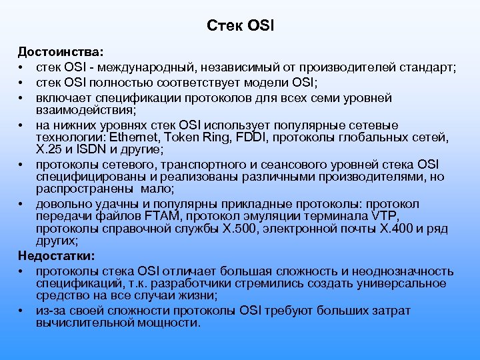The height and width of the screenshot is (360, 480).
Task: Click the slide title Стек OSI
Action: tap(240, 26)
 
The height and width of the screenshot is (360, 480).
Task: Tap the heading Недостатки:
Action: tap(57, 255)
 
